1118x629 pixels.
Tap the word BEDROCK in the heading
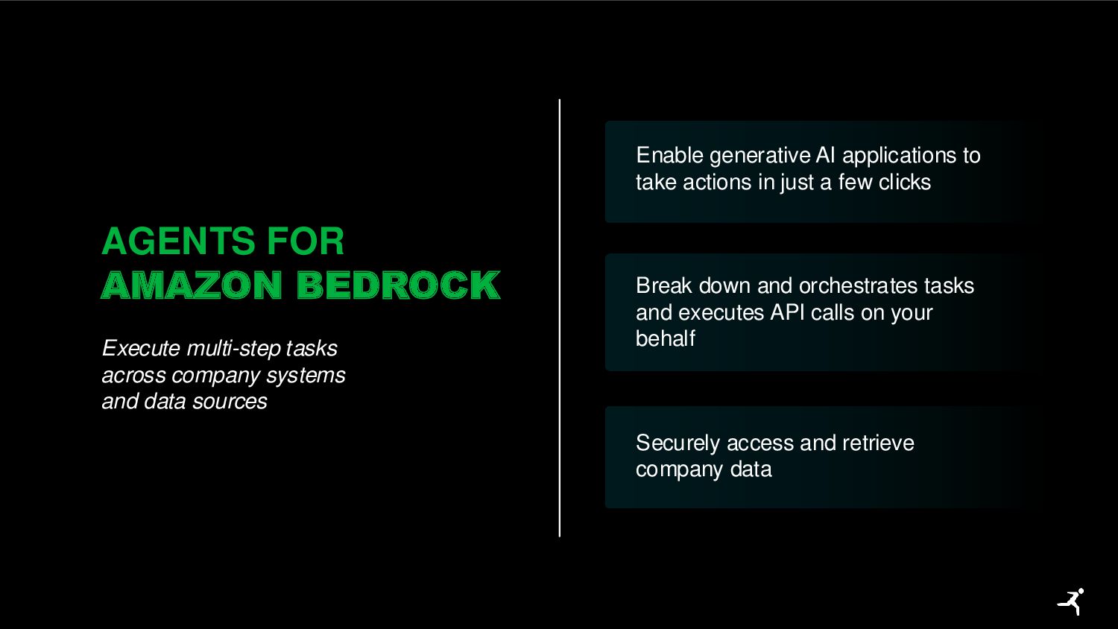point(398,285)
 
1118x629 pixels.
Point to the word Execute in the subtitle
point(141,348)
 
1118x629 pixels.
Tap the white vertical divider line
point(560,317)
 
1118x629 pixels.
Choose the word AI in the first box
point(825,155)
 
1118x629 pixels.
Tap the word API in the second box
point(787,312)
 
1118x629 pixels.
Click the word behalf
point(665,338)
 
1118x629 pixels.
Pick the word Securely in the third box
point(678,443)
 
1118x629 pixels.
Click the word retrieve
point(877,443)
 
